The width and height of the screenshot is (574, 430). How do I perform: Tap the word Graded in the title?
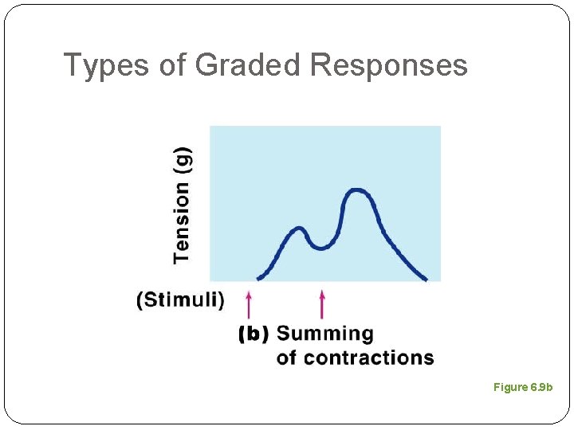[248, 65]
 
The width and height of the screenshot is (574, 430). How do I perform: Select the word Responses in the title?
[389, 65]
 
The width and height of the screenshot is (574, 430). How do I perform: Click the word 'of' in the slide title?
[172, 65]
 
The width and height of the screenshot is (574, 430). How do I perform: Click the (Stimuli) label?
[181, 300]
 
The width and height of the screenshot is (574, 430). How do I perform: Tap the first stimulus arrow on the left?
[249, 304]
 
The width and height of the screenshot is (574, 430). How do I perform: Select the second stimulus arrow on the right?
[322, 304]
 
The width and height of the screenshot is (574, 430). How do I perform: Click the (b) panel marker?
[254, 334]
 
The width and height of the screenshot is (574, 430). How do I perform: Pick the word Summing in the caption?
[324, 334]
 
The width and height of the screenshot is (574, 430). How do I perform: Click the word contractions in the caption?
[369, 358]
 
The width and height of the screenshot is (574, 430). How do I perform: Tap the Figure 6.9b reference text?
[522, 387]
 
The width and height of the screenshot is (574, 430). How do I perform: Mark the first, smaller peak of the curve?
[299, 229]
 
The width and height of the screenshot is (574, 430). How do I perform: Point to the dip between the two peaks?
[320, 248]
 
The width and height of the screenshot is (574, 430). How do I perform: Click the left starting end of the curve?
[258, 278]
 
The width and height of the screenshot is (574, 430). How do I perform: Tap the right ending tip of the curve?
[426, 279]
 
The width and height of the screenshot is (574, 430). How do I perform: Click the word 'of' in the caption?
[288, 358]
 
